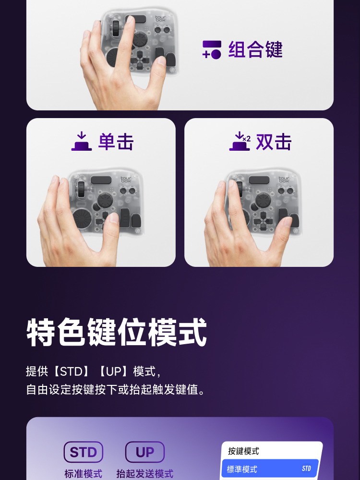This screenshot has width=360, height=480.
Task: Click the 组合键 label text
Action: point(255,49)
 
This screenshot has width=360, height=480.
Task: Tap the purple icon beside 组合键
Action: point(212,49)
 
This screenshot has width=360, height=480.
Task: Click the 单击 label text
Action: point(116,142)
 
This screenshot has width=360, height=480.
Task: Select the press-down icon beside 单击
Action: point(82,141)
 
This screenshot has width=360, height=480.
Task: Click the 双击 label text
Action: point(274,142)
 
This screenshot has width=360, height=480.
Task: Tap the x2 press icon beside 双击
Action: point(240,141)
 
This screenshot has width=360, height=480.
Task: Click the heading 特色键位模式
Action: point(117,332)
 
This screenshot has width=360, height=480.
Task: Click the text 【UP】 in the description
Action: point(114,372)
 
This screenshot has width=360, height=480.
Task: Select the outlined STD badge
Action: point(83,452)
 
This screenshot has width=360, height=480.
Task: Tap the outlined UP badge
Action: point(145,452)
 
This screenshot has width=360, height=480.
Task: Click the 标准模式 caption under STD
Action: point(83,474)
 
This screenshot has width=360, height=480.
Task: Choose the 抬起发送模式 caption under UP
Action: point(145,474)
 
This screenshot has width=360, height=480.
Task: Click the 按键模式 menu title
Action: point(243,451)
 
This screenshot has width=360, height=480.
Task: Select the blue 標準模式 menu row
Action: point(270,468)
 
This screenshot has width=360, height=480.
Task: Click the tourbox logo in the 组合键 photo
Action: point(160,18)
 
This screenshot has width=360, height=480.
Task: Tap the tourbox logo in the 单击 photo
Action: point(126,180)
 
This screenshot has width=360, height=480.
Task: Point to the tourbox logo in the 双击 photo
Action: point(284,180)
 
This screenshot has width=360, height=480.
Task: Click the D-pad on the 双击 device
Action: point(263,220)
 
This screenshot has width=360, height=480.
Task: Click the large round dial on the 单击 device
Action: point(82,218)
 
